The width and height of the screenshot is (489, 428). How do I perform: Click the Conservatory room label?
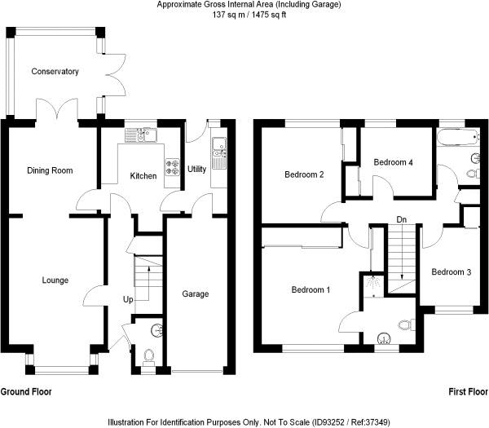pyautogui.click(x=55, y=72)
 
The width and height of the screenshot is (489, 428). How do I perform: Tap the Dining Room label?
pyautogui.click(x=50, y=170)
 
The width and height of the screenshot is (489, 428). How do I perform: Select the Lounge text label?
pyautogui.click(x=55, y=280)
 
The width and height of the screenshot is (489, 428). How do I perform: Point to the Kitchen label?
pyautogui.click(x=143, y=176)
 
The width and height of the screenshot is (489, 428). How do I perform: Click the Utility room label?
pyautogui.click(x=196, y=170)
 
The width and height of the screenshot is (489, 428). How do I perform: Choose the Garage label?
pyautogui.click(x=195, y=294)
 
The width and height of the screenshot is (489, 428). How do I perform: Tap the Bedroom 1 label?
pyautogui.click(x=311, y=290)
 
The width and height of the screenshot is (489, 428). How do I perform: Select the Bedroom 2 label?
pyautogui.click(x=305, y=174)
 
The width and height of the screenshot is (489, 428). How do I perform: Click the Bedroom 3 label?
pyautogui.click(x=452, y=272)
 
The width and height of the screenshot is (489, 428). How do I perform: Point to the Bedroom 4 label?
pyautogui.click(x=394, y=162)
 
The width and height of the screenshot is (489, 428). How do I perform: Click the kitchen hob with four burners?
pyautogui.click(x=172, y=166)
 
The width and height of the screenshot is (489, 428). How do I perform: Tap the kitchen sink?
pyautogui.click(x=147, y=135)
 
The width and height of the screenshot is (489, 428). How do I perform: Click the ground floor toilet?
pyautogui.click(x=148, y=356)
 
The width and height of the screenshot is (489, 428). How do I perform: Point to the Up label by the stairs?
pyautogui.click(x=128, y=299)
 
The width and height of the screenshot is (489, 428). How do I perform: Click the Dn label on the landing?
pyautogui.click(x=402, y=219)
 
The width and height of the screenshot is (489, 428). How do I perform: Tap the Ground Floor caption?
pyautogui.click(x=26, y=392)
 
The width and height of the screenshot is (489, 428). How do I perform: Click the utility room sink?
pyautogui.click(x=218, y=147)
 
